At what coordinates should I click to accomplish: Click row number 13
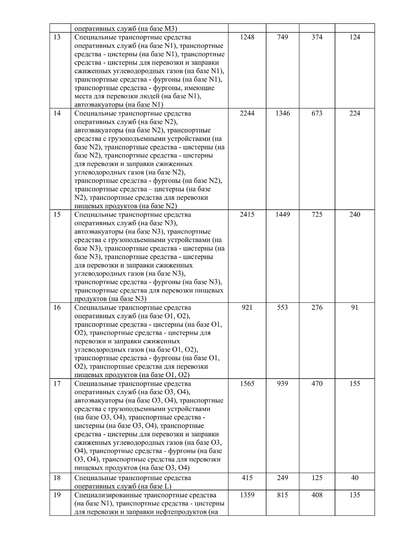tap(57, 37)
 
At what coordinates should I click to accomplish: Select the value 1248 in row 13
tap(247, 37)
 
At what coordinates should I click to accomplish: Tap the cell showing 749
tap(282, 37)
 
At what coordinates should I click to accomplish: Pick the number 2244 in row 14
tap(247, 113)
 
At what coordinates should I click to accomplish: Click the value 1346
tap(282, 113)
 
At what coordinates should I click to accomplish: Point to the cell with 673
tap(317, 113)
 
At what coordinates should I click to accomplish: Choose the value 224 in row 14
tap(355, 113)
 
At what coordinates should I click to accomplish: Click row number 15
tap(57, 215)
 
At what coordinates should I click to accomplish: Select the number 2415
tap(247, 215)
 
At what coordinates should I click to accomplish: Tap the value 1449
tap(282, 215)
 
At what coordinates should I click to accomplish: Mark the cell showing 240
tap(355, 215)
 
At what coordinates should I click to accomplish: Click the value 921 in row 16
tap(247, 308)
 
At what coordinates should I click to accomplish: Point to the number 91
tap(355, 308)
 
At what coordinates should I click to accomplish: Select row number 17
tap(57, 384)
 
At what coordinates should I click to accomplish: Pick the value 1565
tap(247, 384)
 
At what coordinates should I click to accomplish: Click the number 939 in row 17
tap(282, 384)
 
